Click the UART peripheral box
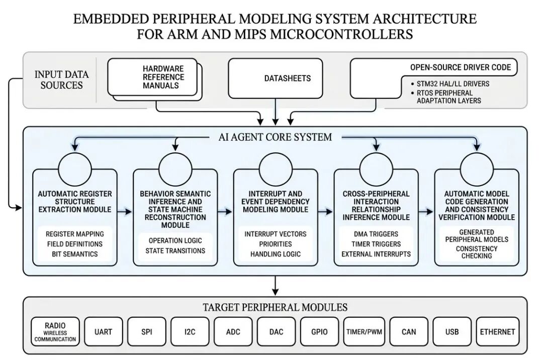103,332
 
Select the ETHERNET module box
497,332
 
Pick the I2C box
190,332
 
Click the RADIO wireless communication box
55,332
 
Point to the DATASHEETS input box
276,78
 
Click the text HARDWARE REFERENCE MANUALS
163,77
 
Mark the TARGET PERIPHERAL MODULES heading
275,307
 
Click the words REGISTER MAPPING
75,234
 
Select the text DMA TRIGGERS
376,234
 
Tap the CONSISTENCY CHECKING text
477,252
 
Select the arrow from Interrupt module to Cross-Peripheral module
325,212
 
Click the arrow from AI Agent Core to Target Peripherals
275,286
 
